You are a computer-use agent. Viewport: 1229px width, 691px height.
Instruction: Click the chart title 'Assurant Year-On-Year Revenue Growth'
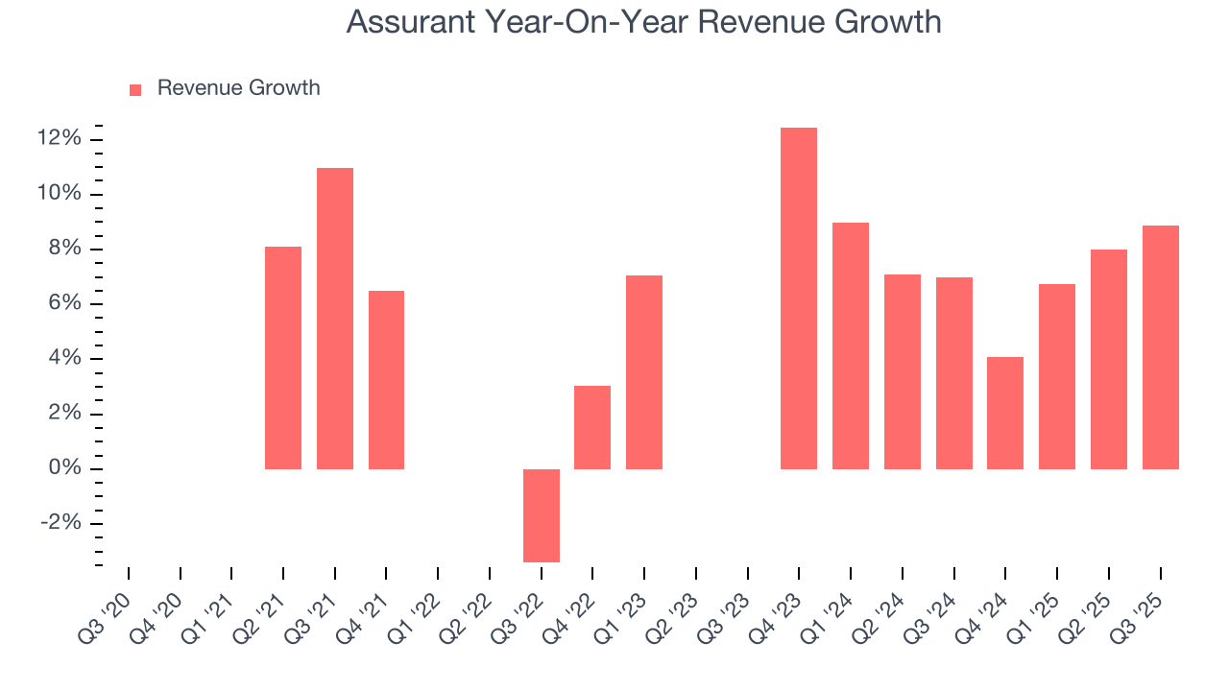643,22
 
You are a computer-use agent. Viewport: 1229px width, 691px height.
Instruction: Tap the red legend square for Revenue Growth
135,89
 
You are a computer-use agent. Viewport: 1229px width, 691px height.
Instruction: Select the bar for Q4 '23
799,298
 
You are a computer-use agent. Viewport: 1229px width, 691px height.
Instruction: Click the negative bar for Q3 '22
542,515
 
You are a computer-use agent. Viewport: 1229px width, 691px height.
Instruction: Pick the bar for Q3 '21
335,319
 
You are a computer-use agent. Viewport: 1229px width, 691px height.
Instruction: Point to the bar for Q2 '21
283,358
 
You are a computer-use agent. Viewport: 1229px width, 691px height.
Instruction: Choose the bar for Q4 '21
386,380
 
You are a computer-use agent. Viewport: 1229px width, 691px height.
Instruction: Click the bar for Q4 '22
592,427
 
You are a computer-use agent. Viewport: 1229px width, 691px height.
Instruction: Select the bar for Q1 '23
644,372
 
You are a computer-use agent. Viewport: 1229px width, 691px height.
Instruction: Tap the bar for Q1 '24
851,345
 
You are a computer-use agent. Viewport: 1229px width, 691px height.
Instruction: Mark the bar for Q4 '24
1005,413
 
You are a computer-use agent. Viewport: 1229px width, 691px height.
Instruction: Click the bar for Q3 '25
1161,347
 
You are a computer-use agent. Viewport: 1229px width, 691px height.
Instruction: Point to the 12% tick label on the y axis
60,139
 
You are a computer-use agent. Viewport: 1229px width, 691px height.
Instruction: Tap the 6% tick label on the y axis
65,304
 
